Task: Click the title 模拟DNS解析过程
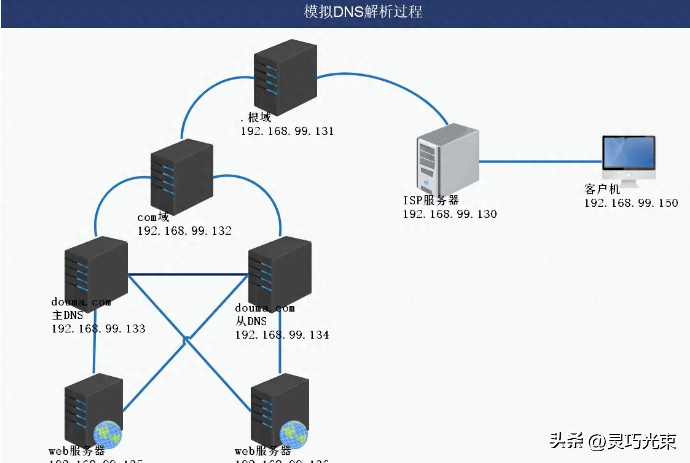(x=363, y=12)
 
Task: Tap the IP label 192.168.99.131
(x=287, y=131)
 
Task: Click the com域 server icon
(x=182, y=177)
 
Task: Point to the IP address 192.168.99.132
(x=184, y=231)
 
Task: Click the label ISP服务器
(x=431, y=200)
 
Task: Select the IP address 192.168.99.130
(x=450, y=214)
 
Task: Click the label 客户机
(x=602, y=189)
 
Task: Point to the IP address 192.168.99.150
(x=631, y=203)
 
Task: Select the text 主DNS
(x=67, y=315)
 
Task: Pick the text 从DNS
(x=251, y=321)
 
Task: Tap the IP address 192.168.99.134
(x=282, y=335)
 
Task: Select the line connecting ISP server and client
(x=540, y=162)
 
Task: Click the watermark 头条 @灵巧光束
(x=613, y=441)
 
